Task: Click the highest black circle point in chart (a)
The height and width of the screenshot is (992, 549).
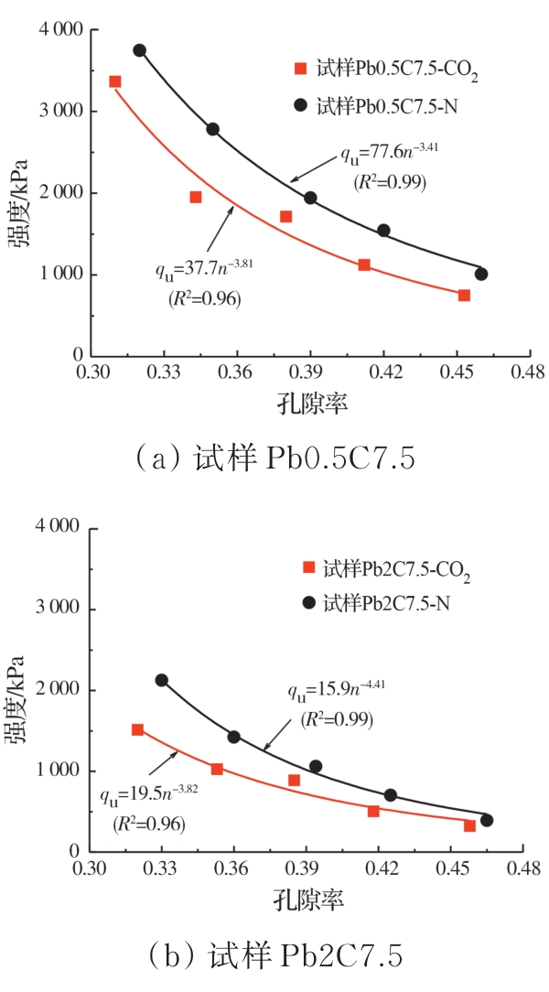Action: coord(139,50)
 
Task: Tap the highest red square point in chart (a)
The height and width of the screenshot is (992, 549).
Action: coord(115,81)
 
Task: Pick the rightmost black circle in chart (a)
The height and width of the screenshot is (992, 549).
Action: coord(481,274)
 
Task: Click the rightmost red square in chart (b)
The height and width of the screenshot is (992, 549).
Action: coord(469,825)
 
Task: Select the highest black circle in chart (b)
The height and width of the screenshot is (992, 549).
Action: coord(162,680)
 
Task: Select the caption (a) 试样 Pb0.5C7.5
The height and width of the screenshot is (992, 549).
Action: coord(274,458)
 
